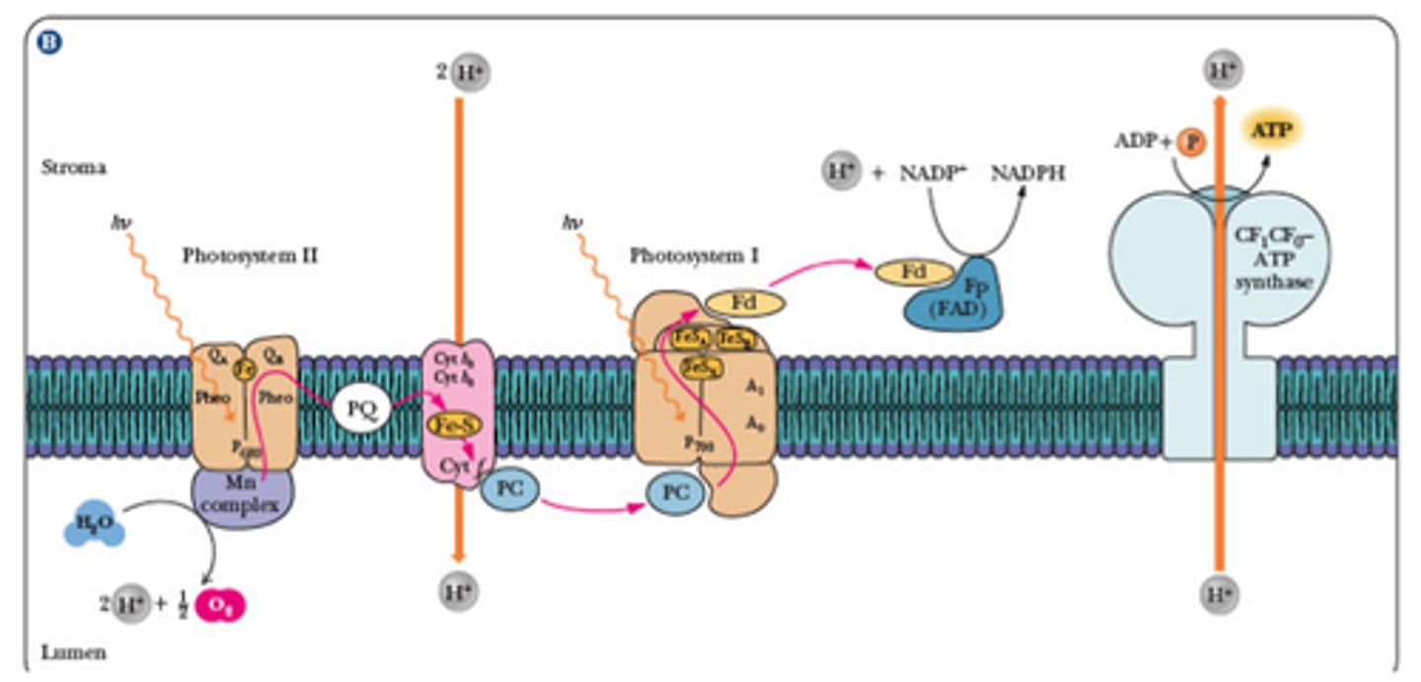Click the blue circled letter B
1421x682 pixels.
[49, 42]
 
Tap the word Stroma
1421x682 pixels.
[73, 168]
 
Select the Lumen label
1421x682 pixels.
[73, 652]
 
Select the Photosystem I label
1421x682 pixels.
[694, 256]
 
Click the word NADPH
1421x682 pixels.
[1028, 174]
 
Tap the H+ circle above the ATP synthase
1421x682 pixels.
[1221, 72]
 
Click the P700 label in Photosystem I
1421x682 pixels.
[702, 443]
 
